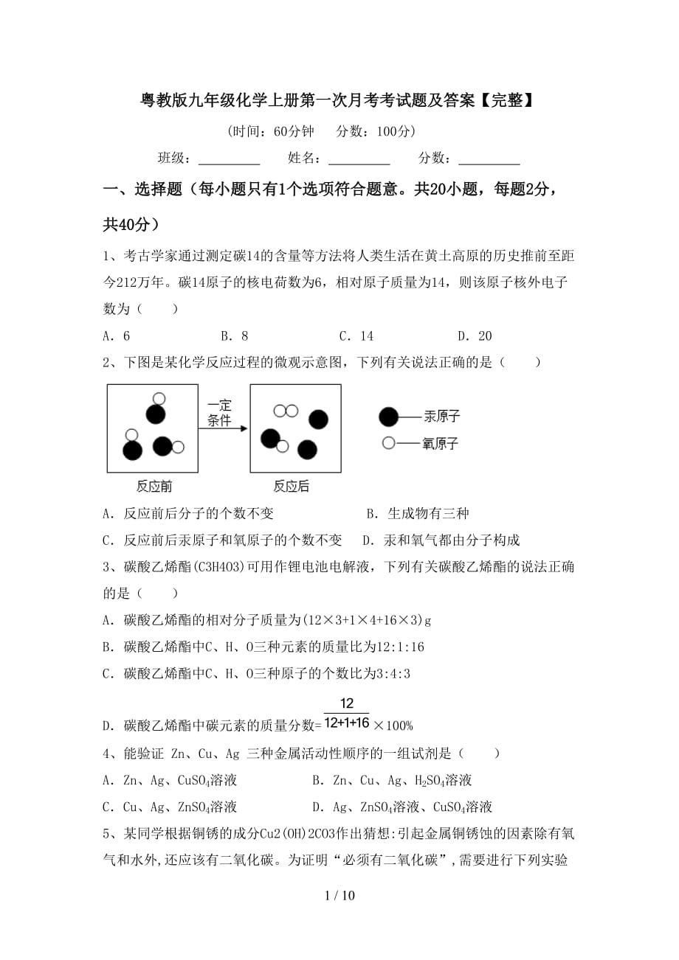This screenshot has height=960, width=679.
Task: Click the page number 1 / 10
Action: (x=339, y=895)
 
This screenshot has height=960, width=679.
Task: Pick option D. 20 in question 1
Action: (x=475, y=336)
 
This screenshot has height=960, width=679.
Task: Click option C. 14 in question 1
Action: (x=356, y=336)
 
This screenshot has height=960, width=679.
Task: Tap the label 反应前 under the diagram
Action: (x=154, y=486)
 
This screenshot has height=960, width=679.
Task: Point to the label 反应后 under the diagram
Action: (x=292, y=486)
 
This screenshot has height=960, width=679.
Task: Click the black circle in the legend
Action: (x=388, y=417)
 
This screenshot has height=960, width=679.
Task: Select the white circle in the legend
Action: (x=388, y=443)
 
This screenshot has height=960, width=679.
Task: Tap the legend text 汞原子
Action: (x=441, y=417)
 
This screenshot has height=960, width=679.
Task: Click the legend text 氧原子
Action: (x=441, y=443)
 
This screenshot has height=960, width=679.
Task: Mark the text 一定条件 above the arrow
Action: (x=219, y=413)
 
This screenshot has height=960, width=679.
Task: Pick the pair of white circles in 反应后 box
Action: (x=286, y=411)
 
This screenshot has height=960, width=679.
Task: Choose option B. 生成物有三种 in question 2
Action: (x=418, y=513)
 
